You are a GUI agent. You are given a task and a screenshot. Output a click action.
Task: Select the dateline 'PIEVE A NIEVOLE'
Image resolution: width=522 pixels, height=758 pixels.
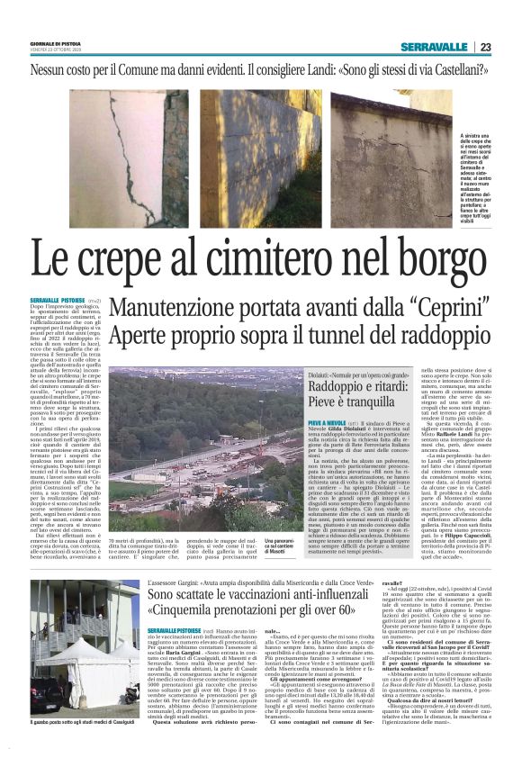(x=302, y=422)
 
